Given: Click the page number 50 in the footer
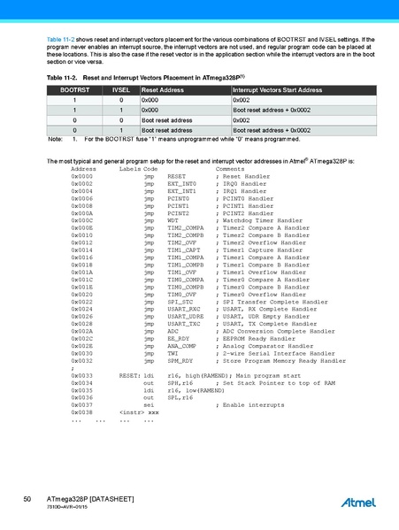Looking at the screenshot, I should click(28, 500).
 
